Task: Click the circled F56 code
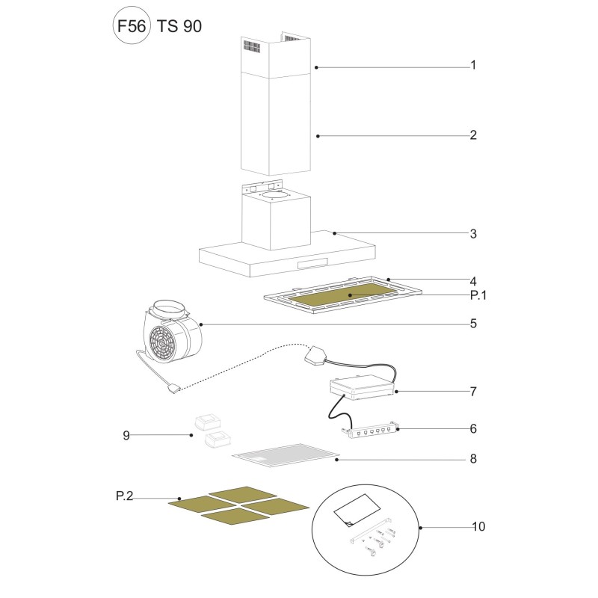[x=132, y=25]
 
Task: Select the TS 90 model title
[x=179, y=26]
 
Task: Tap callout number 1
[x=473, y=65]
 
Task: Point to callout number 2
[x=473, y=135]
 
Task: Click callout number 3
[x=473, y=234]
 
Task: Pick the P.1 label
[x=478, y=295]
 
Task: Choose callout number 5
[x=473, y=324]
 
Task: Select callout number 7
[x=473, y=392]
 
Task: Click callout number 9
[x=126, y=436]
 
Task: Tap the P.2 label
[x=124, y=496]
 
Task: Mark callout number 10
[x=478, y=527]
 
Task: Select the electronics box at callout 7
[x=361, y=388]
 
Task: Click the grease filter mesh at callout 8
[x=286, y=455]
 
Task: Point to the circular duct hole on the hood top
[x=274, y=195]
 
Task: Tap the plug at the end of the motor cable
[x=173, y=389]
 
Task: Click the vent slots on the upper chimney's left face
[x=252, y=46]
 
